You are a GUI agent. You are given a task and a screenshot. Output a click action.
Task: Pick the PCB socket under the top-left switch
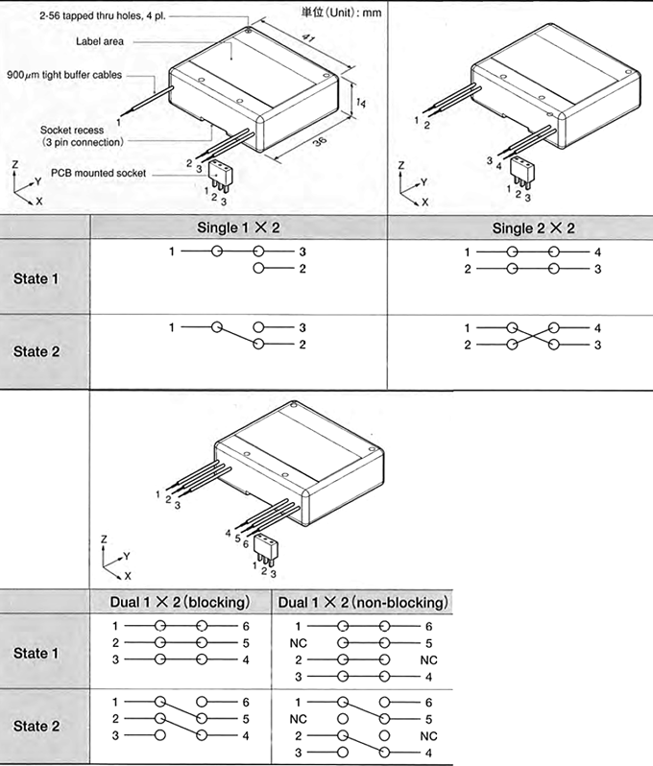pyautogui.click(x=223, y=174)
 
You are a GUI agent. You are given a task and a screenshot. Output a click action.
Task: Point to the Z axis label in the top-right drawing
pyautogui.click(x=403, y=164)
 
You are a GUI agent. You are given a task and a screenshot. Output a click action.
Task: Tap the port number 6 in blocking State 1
pyautogui.click(x=246, y=625)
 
